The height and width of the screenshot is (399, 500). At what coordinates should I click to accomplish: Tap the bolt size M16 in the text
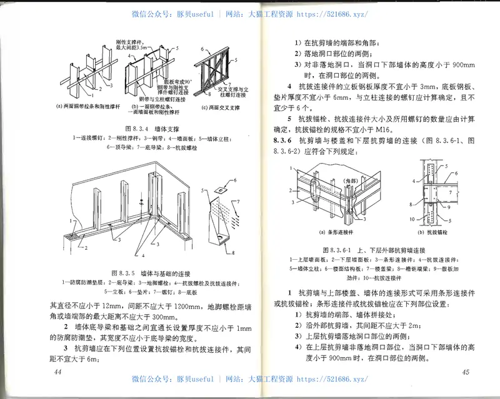[376, 129]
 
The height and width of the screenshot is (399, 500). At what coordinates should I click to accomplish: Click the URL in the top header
[334, 14]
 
